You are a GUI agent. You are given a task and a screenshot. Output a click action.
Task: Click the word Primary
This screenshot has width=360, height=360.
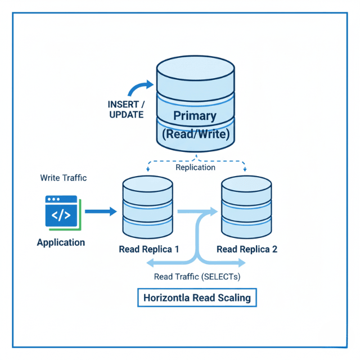pyautogui.click(x=195, y=116)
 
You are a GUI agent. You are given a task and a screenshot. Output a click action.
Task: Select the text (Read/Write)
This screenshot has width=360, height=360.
pyautogui.click(x=195, y=135)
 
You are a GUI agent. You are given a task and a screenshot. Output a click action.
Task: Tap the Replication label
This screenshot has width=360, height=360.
pyautogui.click(x=195, y=168)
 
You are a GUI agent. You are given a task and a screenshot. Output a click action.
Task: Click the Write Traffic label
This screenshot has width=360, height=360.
pyautogui.click(x=63, y=178)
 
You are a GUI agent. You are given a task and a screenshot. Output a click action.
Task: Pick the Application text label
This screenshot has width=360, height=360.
pyautogui.click(x=61, y=243)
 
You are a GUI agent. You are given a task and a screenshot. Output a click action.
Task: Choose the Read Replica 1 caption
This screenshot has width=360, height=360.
pyautogui.click(x=148, y=249)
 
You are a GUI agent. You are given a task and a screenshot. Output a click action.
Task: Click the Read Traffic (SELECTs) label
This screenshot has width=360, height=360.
pyautogui.click(x=197, y=277)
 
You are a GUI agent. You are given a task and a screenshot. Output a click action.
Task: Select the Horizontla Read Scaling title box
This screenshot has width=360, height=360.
pyautogui.click(x=197, y=298)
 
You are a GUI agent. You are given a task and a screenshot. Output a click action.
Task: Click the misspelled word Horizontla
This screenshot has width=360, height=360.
pyautogui.click(x=166, y=298)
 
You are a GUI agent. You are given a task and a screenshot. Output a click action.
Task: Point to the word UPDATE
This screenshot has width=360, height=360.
pyautogui.click(x=127, y=115)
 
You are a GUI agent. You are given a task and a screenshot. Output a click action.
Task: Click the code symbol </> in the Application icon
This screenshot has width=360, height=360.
pyautogui.click(x=61, y=215)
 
